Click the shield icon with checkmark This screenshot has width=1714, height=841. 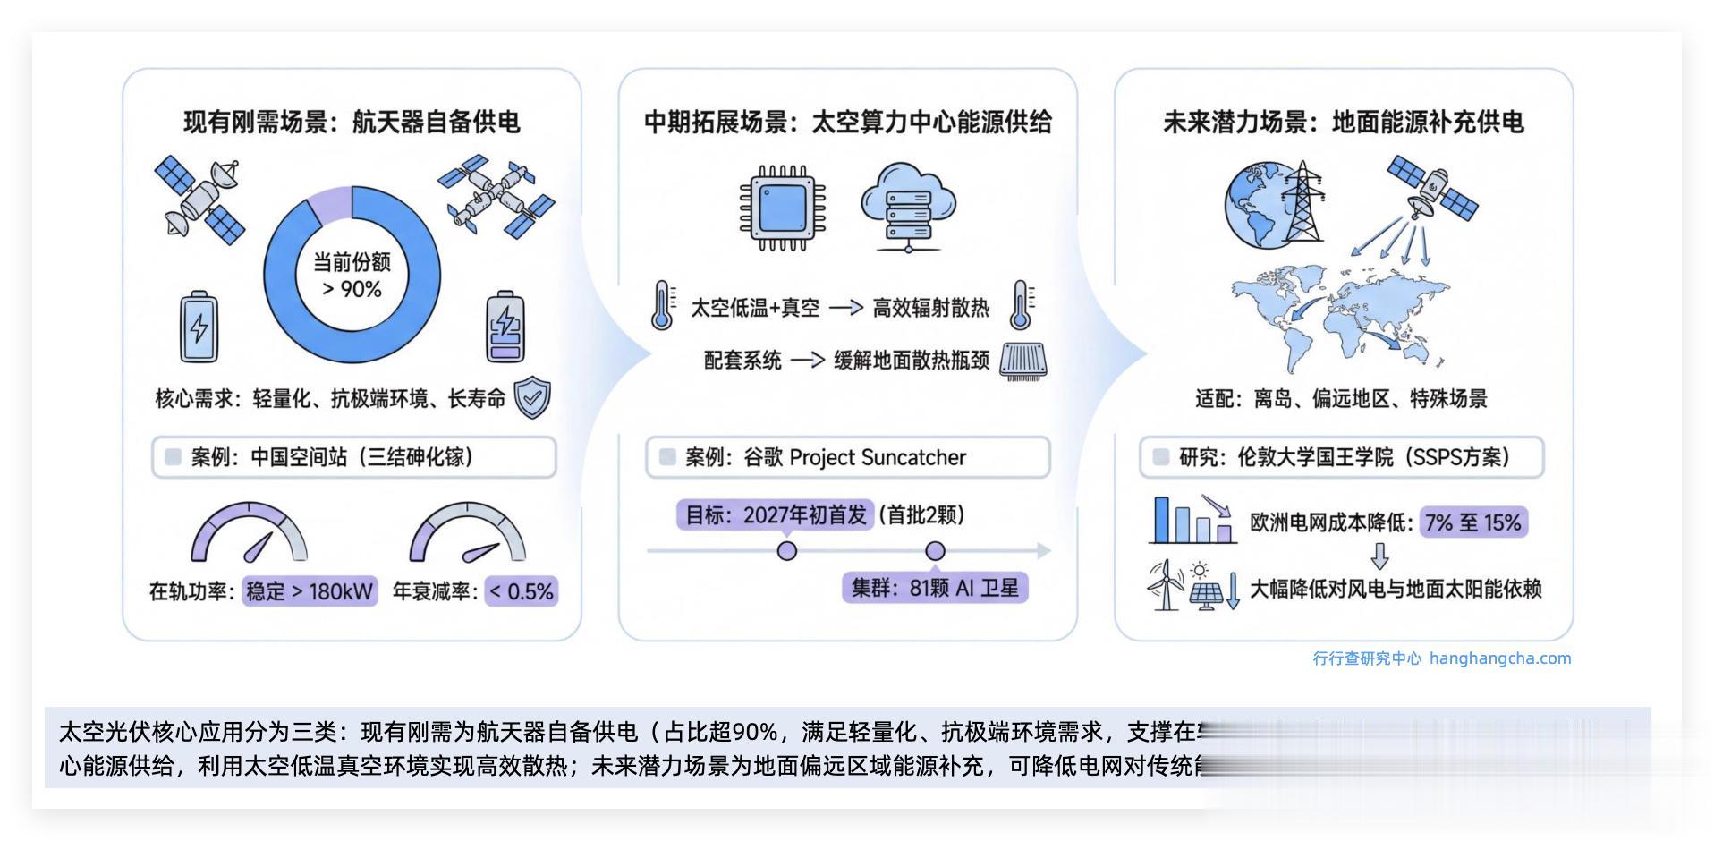click(532, 398)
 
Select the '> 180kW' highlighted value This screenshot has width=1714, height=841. click(310, 591)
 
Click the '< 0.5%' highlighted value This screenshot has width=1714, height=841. click(522, 591)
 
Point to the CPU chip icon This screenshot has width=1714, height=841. click(782, 207)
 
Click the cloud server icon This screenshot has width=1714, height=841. click(907, 207)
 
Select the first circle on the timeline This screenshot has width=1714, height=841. click(787, 550)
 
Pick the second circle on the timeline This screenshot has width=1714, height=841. click(935, 550)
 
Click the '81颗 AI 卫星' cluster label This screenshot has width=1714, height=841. click(935, 588)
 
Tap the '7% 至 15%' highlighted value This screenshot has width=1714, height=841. click(1473, 522)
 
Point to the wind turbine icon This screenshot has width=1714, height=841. click(1165, 586)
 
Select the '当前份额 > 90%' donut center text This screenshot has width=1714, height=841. click(352, 275)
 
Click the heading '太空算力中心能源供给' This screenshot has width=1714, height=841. click(931, 122)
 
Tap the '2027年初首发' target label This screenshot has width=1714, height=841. click(775, 514)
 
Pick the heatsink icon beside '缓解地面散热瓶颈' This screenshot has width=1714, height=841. click(1022, 361)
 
